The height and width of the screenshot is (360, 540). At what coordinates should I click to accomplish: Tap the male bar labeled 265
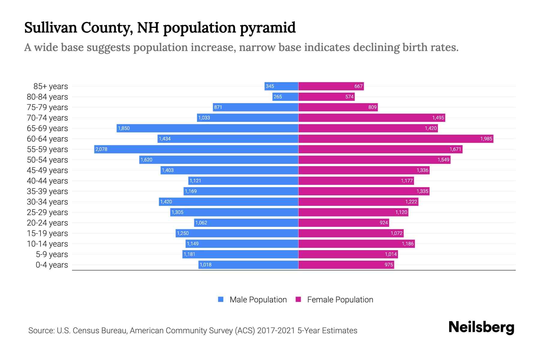pos(285,97)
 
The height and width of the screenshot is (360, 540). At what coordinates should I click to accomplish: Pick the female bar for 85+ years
pos(331,86)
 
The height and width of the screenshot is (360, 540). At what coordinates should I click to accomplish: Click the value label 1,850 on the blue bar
pos(124,128)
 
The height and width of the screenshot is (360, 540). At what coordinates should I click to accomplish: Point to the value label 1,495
pos(438,118)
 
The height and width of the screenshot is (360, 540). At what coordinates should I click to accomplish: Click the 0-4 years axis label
pos(52,265)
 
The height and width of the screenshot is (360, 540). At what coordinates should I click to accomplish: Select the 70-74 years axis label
pos(47,118)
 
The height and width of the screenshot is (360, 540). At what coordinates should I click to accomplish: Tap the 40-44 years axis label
pos(47,181)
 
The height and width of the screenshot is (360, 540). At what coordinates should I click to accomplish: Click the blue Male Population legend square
pos(221,299)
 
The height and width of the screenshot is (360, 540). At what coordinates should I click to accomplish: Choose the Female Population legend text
pos(340,300)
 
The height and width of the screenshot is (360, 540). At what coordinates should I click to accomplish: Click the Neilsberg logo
pos(481,328)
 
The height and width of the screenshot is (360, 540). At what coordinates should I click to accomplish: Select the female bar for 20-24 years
pos(343,223)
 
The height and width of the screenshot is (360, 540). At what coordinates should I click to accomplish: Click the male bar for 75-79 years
pos(255,107)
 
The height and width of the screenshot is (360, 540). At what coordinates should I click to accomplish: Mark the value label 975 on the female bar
pos(388,265)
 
